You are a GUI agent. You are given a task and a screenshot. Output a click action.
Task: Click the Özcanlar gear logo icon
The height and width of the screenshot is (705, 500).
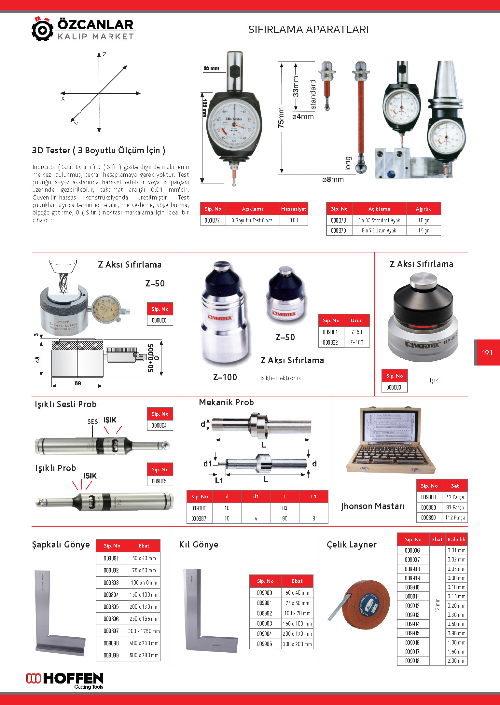click(x=42, y=30)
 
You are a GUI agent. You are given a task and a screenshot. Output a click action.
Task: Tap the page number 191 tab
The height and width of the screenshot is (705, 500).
click(x=487, y=352)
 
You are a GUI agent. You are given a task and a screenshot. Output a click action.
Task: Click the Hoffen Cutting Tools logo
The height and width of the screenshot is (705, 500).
click(x=65, y=681)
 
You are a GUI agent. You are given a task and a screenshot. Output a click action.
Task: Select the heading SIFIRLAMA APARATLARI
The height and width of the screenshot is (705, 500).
click(x=308, y=30)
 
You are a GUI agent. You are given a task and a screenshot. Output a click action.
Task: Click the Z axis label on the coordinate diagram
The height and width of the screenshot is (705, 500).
click(x=104, y=55)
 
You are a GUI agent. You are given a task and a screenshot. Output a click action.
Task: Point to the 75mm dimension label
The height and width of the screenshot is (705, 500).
click(x=281, y=118)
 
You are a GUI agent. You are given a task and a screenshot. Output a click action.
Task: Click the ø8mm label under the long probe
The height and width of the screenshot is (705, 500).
click(x=333, y=179)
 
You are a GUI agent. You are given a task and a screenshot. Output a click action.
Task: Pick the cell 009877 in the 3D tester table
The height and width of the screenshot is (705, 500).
click(x=212, y=220)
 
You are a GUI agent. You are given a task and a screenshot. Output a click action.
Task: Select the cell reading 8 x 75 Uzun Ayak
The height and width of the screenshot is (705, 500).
click(x=379, y=230)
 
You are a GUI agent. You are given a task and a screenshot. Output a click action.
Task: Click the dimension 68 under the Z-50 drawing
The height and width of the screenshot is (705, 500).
click(x=77, y=383)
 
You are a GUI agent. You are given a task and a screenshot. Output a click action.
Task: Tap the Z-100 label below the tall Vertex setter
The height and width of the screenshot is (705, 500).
click(x=225, y=377)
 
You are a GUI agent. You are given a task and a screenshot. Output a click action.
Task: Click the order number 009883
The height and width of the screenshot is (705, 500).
click(x=394, y=387)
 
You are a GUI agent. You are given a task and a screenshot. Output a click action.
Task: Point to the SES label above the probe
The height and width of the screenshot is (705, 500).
click(x=92, y=422)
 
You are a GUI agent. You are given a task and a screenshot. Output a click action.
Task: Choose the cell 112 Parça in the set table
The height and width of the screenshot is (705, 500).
click(x=455, y=518)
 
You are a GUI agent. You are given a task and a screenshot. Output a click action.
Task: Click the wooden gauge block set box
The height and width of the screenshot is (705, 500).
click(x=390, y=440)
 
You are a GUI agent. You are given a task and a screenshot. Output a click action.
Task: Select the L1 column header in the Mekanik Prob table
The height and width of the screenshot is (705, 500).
click(x=313, y=497)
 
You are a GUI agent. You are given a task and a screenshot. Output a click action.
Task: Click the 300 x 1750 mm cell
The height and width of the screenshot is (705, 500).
click(x=144, y=631)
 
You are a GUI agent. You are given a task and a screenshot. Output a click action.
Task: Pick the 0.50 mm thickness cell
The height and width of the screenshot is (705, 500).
click(x=456, y=624)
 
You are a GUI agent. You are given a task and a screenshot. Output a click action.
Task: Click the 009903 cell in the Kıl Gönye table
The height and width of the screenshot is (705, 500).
click(x=264, y=624)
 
